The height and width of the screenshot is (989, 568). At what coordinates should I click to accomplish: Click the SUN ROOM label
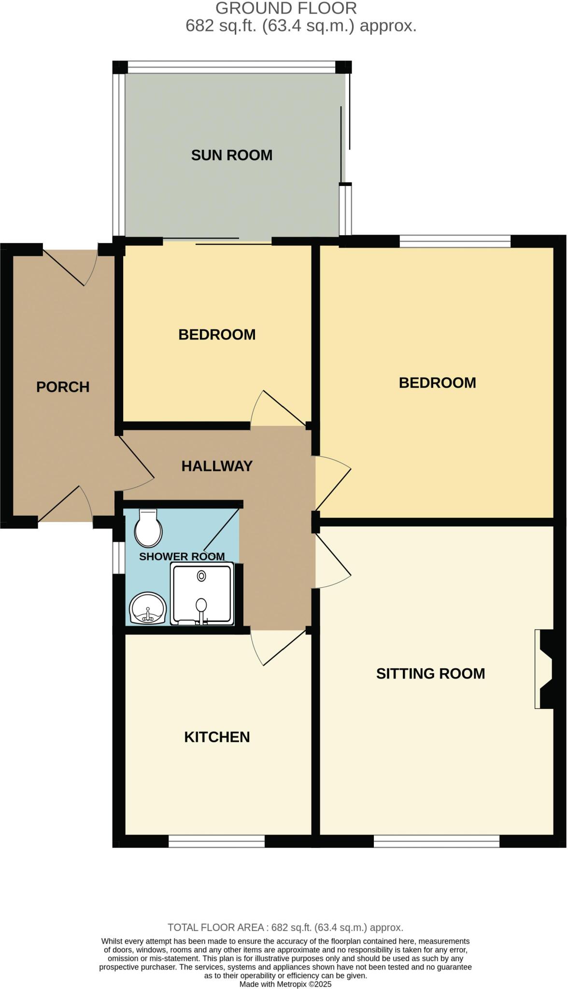[232, 155]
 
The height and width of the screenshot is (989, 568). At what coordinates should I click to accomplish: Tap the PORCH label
[63, 387]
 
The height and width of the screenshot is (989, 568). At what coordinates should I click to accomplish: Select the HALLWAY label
[217, 466]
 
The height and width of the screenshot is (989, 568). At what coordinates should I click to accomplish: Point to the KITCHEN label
[217, 737]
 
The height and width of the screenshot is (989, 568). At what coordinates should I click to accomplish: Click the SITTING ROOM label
[430, 673]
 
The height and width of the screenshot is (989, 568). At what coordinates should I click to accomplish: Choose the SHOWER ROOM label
[182, 556]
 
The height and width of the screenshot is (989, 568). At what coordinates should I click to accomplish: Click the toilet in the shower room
[148, 527]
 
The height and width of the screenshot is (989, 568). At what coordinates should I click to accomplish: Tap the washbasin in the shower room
[148, 608]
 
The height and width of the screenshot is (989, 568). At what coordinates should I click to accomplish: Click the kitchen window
[216, 842]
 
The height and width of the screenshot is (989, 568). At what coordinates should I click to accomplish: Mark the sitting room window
[437, 842]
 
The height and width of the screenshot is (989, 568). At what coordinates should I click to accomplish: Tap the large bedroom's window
[455, 240]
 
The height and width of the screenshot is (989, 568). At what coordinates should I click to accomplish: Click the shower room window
[117, 558]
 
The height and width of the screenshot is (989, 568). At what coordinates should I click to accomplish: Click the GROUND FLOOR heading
[286, 8]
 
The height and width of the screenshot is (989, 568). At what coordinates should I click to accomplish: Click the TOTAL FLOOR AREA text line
[285, 927]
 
